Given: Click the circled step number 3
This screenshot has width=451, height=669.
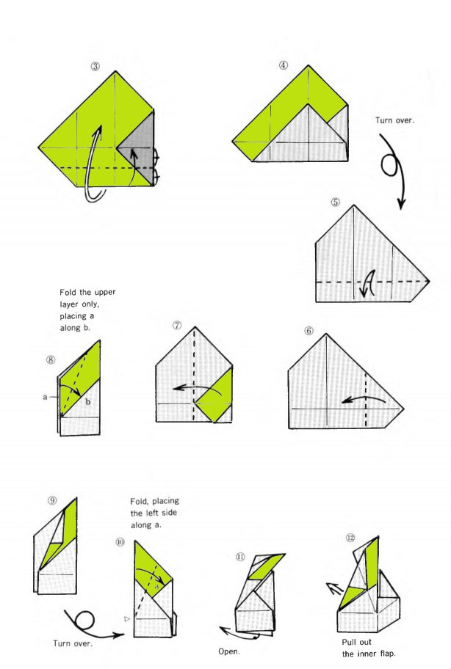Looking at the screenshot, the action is tap(95, 66).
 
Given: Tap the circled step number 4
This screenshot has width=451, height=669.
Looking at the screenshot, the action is tap(284, 65).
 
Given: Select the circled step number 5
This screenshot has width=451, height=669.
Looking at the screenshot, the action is tap(336, 202).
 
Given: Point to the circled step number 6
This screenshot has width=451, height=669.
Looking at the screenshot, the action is tap(309, 331).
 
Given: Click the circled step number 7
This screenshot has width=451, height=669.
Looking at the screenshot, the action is tap(177, 326).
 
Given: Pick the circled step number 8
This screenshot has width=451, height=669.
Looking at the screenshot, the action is tap(51, 359).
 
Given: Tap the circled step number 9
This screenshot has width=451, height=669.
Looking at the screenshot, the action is tap(52, 500).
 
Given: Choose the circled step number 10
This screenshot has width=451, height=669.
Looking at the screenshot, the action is tap(120, 542).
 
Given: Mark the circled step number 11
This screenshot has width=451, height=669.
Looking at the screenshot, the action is tap(240, 557).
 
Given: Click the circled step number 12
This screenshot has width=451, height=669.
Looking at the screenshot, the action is tap(350, 538).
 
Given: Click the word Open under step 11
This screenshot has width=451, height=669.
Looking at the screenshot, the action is tap(228, 651).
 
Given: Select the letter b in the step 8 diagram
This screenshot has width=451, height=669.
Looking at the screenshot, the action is tap(88, 401).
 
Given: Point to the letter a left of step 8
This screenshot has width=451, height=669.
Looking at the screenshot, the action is tap(45, 397).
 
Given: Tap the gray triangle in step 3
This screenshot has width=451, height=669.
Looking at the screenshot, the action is tap(140, 145).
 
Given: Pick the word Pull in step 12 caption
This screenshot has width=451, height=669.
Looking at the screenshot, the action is tap(350, 642).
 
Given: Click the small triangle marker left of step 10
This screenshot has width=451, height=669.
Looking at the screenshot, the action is tap(126, 618).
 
